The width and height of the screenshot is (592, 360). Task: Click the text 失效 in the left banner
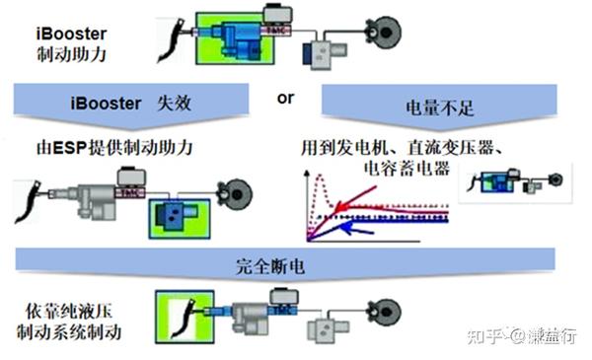click(160, 104)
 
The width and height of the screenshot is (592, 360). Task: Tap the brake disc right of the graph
click(555, 180)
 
